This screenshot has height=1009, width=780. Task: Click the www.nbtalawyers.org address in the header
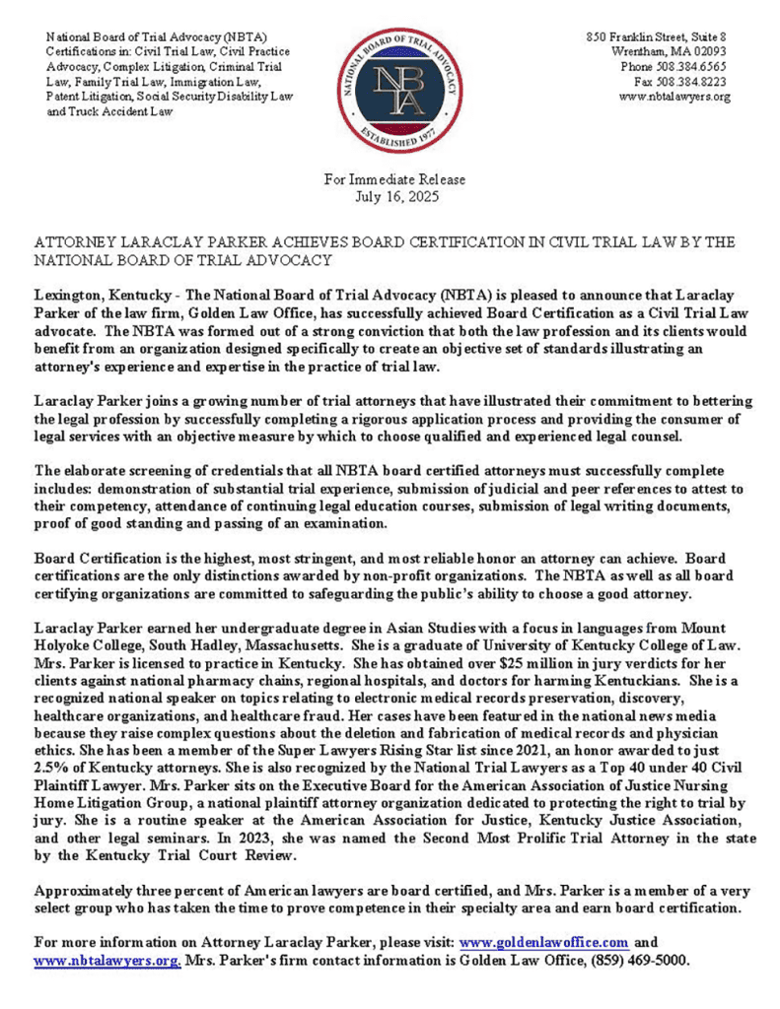(x=674, y=97)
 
